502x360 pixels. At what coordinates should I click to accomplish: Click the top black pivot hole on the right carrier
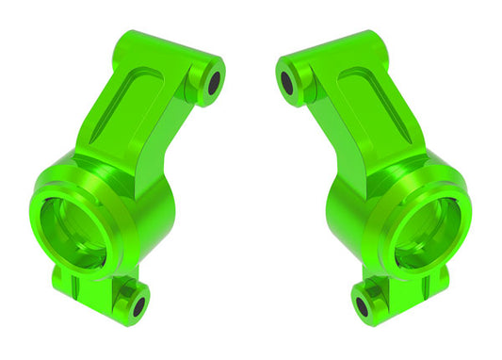[x=286, y=82]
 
